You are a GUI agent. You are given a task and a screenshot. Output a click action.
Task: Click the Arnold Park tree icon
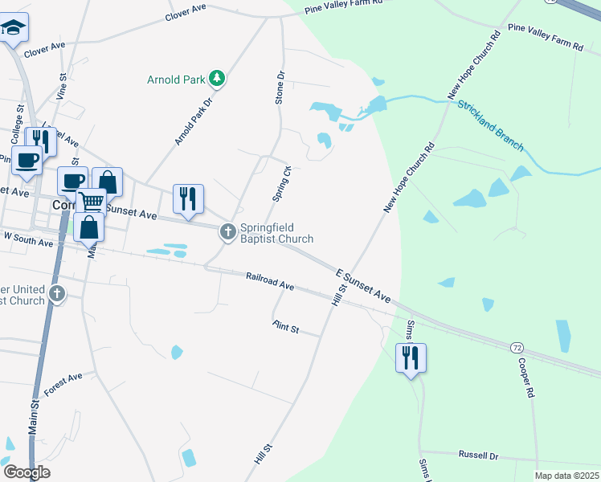[216, 79]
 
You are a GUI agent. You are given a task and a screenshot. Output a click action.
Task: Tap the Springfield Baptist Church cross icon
[228, 232]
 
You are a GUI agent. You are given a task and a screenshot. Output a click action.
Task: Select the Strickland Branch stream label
[490, 125]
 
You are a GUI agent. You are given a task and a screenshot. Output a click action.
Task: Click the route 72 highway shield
[517, 347]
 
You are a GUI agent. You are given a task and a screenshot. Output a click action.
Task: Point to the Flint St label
[285, 327]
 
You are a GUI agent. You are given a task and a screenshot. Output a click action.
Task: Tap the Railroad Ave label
[270, 281]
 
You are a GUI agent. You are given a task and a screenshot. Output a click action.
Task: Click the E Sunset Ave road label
[363, 287]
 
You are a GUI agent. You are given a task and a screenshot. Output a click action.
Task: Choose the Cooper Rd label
[524, 378]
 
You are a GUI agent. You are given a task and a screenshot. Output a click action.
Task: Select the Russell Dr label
[479, 455]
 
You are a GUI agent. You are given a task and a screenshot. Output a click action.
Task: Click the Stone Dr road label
[280, 88]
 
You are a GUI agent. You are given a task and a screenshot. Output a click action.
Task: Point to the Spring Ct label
[282, 184]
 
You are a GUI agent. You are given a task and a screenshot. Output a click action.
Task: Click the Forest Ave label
[63, 384]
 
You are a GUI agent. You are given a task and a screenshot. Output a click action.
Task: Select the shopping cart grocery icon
[92, 201]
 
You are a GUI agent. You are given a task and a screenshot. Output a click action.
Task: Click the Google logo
[27, 472]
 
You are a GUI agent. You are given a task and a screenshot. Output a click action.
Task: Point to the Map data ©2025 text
[566, 476]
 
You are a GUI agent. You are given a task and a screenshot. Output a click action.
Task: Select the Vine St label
[63, 86]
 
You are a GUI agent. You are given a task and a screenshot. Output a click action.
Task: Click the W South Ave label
[29, 239]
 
